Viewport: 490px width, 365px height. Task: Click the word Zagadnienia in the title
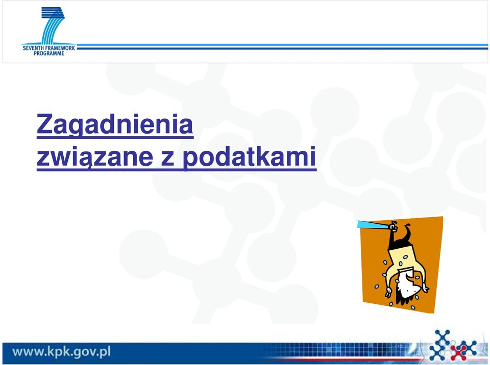[115, 125]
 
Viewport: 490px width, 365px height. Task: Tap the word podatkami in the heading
[249, 157]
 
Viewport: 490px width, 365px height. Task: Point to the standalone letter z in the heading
[168, 159]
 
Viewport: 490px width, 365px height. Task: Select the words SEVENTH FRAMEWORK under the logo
[49, 48]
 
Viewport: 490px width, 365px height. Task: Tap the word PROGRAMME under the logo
[49, 54]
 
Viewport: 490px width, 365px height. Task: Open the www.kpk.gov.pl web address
[62, 352]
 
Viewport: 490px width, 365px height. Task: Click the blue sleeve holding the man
[374, 224]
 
